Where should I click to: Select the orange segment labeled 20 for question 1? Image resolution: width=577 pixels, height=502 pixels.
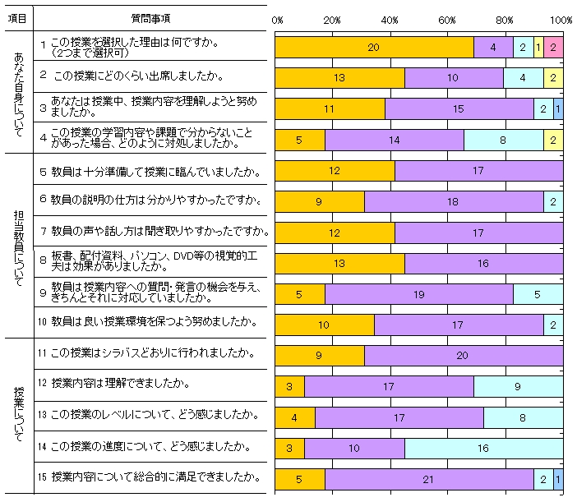(x=374, y=48)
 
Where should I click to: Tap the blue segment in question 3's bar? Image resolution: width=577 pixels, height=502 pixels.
(x=558, y=108)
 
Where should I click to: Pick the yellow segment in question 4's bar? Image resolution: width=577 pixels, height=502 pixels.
(x=553, y=140)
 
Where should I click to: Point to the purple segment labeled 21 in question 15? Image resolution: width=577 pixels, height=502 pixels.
(x=428, y=477)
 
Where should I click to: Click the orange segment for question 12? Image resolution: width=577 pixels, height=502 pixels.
(x=289, y=385)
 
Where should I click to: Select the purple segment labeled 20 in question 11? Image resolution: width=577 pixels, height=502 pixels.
(x=464, y=354)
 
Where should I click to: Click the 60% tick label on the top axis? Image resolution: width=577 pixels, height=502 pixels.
(x=447, y=20)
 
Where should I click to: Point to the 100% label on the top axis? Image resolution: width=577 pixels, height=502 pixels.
(x=561, y=20)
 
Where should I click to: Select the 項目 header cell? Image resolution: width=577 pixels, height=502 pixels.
(x=21, y=17)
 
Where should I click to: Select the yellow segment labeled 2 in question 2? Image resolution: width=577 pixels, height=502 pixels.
(x=553, y=78)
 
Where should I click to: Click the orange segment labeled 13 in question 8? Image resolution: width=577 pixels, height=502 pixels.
(x=339, y=262)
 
